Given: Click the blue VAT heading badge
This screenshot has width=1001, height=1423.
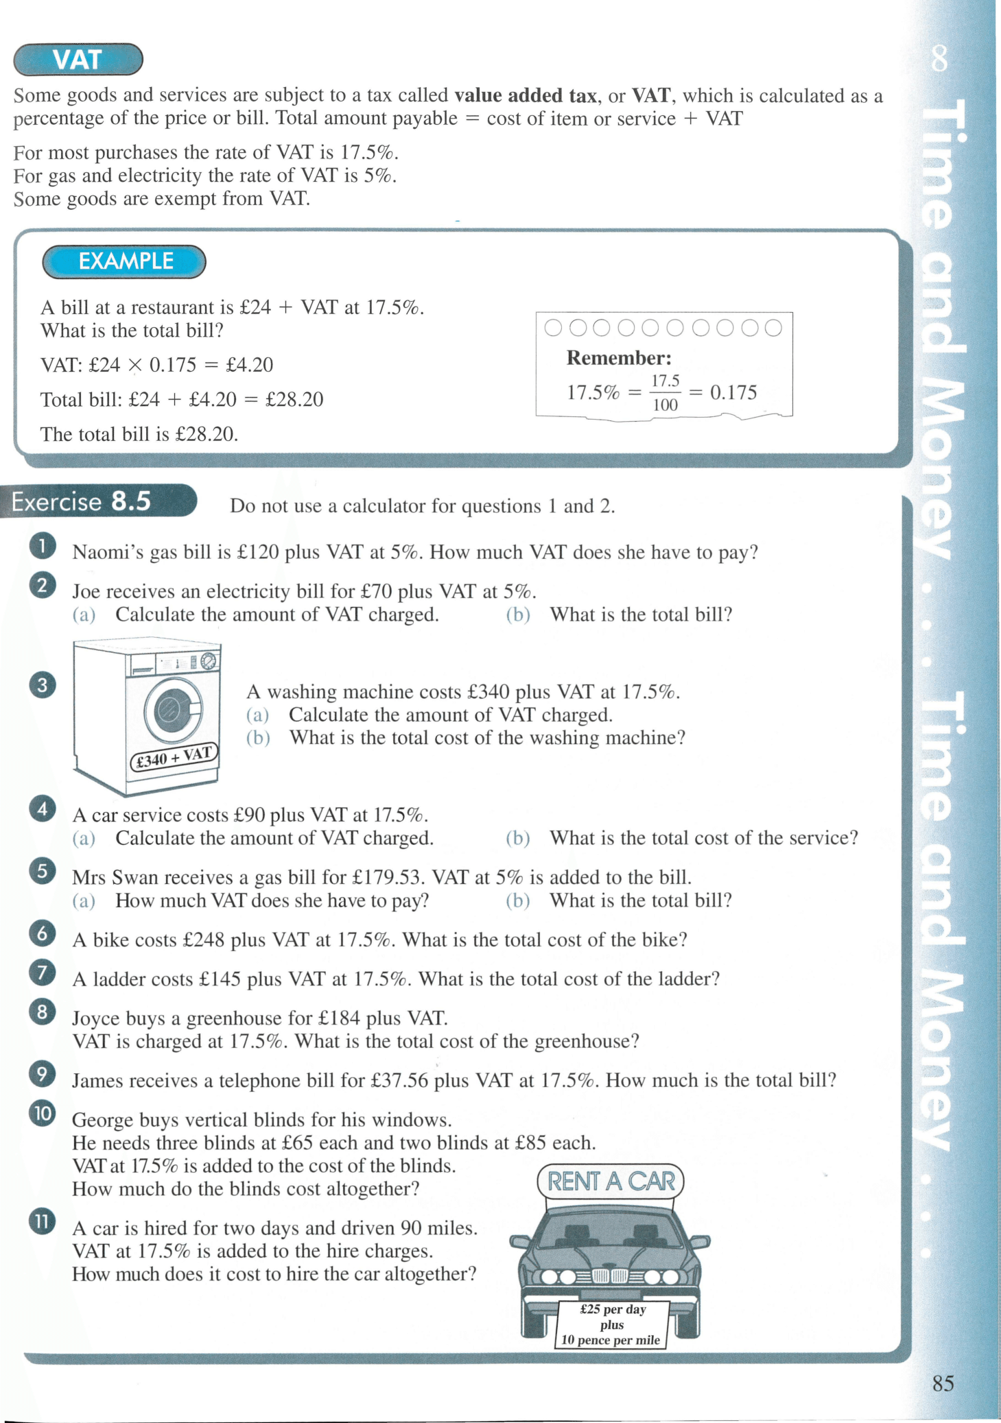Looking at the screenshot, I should pyautogui.click(x=78, y=60).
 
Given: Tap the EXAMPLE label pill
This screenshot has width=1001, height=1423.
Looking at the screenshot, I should pyautogui.click(x=124, y=261).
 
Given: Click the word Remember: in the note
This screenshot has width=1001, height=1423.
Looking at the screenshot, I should pyautogui.click(x=619, y=358).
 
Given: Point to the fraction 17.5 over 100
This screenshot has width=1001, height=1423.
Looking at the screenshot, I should pyautogui.click(x=665, y=392).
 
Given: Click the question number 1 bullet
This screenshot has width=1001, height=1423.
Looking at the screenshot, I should pyautogui.click(x=43, y=547).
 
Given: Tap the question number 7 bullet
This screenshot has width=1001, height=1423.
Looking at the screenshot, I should pyautogui.click(x=43, y=972).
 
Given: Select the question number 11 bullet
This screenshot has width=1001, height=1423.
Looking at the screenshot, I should pyautogui.click(x=43, y=1221).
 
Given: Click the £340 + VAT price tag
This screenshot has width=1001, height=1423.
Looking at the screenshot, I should pyautogui.click(x=174, y=757).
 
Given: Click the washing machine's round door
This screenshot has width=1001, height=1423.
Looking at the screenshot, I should pyautogui.click(x=173, y=711).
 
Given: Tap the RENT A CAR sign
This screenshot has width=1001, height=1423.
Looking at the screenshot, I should pyautogui.click(x=611, y=1181).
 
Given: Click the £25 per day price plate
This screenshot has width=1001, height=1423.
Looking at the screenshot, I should pyautogui.click(x=611, y=1324).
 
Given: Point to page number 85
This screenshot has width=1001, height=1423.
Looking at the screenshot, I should pyautogui.click(x=943, y=1383).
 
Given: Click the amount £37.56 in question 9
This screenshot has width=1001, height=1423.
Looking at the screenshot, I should pyautogui.click(x=399, y=1080).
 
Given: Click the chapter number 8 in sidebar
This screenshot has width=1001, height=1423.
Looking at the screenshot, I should pyautogui.click(x=939, y=59).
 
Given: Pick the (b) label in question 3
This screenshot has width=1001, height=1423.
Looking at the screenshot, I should pyautogui.click(x=258, y=738).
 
